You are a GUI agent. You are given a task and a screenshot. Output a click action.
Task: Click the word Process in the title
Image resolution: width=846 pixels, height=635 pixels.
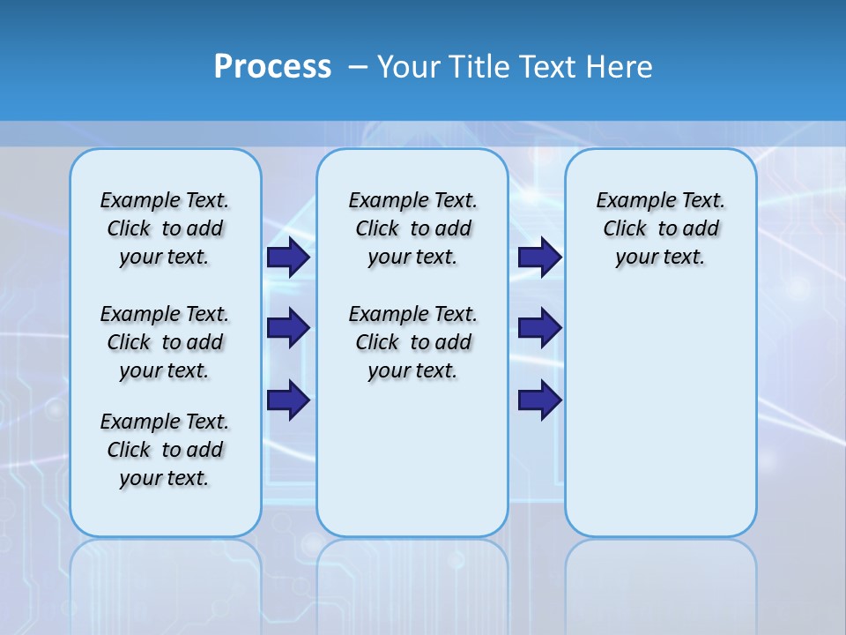[x=271, y=66]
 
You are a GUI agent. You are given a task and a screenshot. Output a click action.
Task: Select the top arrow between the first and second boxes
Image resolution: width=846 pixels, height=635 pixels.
[x=287, y=258]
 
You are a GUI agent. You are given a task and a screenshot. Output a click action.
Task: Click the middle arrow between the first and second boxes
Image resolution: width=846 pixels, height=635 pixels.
[x=287, y=328]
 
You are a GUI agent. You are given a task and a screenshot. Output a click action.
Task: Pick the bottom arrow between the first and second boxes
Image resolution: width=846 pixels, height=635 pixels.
[x=287, y=400]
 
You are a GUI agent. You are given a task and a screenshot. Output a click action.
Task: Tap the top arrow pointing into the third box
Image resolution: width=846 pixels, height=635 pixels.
[x=539, y=258]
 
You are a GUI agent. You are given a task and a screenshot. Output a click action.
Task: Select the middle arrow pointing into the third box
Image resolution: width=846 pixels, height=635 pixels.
[x=539, y=328]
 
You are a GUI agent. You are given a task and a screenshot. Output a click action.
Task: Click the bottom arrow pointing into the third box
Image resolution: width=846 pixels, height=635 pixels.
[x=539, y=400]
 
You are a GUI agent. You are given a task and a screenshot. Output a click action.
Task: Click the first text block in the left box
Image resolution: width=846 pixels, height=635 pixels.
[x=165, y=228]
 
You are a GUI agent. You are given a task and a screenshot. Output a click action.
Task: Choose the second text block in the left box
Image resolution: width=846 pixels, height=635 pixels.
[x=165, y=342]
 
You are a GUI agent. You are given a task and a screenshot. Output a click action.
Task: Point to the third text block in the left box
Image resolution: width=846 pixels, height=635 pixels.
[x=165, y=450]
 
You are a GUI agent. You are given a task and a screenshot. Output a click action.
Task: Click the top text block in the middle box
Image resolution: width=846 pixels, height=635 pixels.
[x=412, y=228]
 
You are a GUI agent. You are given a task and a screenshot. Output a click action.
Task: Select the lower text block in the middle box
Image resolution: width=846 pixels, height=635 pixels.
[x=412, y=342]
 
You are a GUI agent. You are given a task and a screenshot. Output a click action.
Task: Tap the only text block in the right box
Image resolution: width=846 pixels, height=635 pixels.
[x=660, y=228]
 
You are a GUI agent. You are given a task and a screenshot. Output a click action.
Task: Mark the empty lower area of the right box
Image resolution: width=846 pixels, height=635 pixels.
[x=660, y=415]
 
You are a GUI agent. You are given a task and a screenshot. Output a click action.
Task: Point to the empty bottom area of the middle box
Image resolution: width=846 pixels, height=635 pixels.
[x=412, y=467]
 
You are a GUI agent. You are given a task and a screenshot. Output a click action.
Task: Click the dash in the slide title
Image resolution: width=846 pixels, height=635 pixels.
[x=358, y=66]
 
